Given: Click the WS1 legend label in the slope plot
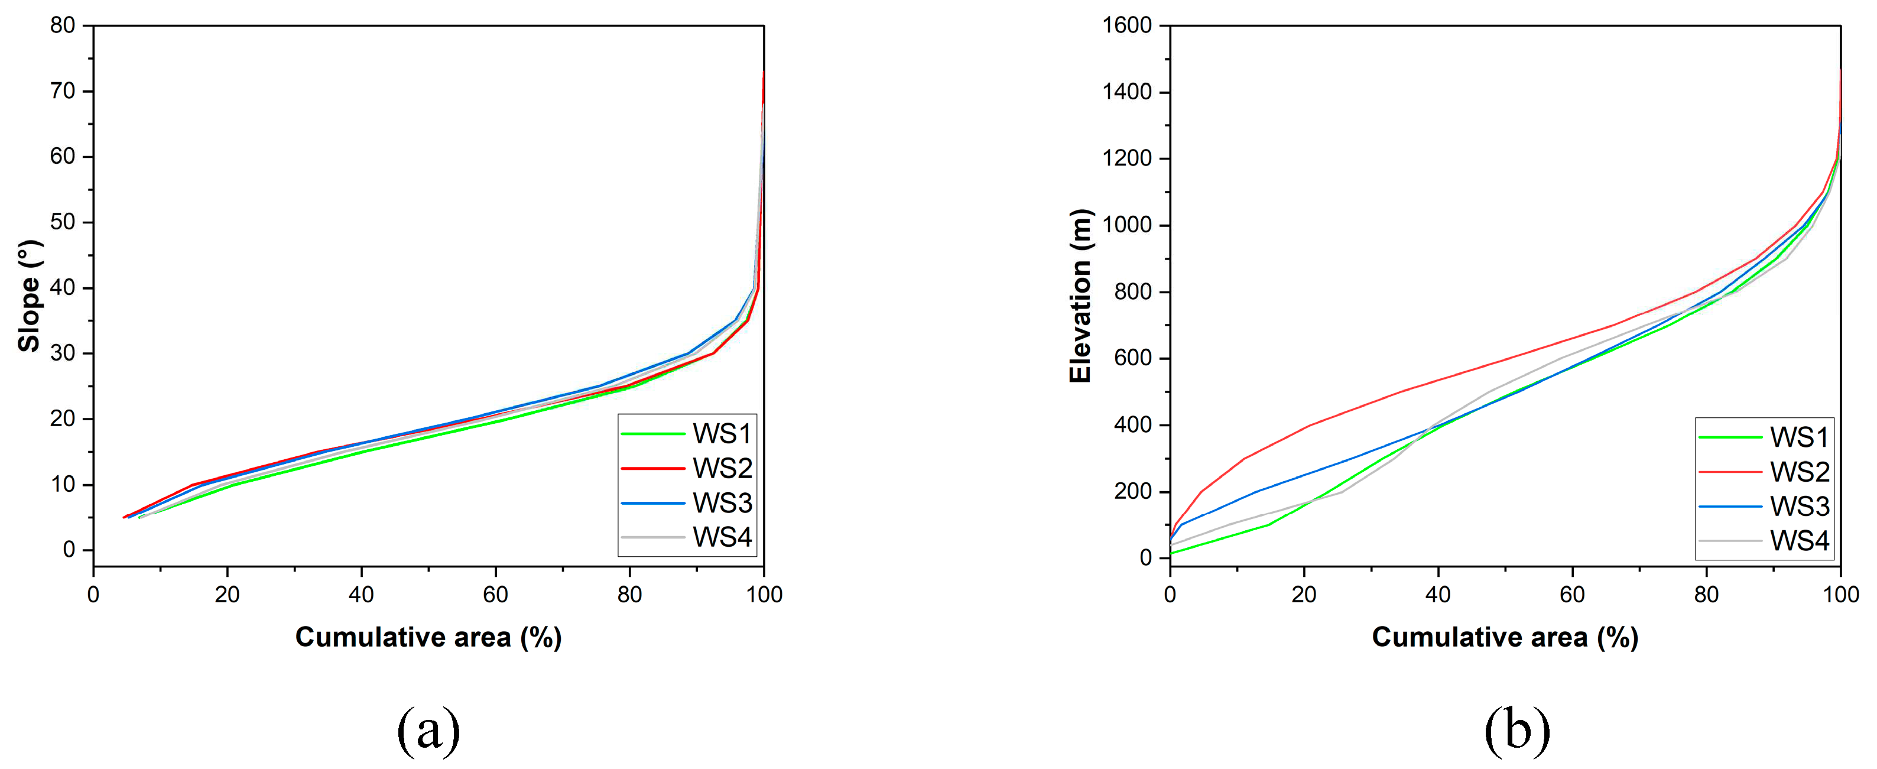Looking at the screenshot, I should click(x=722, y=434).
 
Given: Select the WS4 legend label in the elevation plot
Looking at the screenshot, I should click(x=1799, y=541).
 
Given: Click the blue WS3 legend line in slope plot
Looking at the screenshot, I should click(x=653, y=503).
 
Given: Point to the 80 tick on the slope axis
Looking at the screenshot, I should click(x=63, y=25).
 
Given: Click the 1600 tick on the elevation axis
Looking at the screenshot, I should click(x=1126, y=25).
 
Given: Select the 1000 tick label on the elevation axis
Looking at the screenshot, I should click(x=1126, y=225).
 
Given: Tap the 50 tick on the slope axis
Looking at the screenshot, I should click(x=63, y=222).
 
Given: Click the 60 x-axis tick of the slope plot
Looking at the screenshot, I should click(x=495, y=595).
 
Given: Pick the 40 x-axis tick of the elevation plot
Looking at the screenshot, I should click(x=1438, y=595).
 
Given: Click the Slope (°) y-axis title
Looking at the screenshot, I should click(x=29, y=295).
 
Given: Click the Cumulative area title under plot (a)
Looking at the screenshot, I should click(x=428, y=637).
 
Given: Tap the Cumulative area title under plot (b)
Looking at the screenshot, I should click(x=1505, y=637).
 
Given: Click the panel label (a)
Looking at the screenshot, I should click(x=428, y=729).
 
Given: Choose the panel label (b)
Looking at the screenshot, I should click(x=1517, y=729).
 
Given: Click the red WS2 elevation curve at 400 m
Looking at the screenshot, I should click(x=1310, y=425).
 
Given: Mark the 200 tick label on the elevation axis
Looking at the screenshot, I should click(x=1133, y=491).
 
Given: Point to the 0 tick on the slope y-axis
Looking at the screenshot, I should click(x=69, y=550).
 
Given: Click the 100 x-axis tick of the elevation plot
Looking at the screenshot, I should click(x=1840, y=595).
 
